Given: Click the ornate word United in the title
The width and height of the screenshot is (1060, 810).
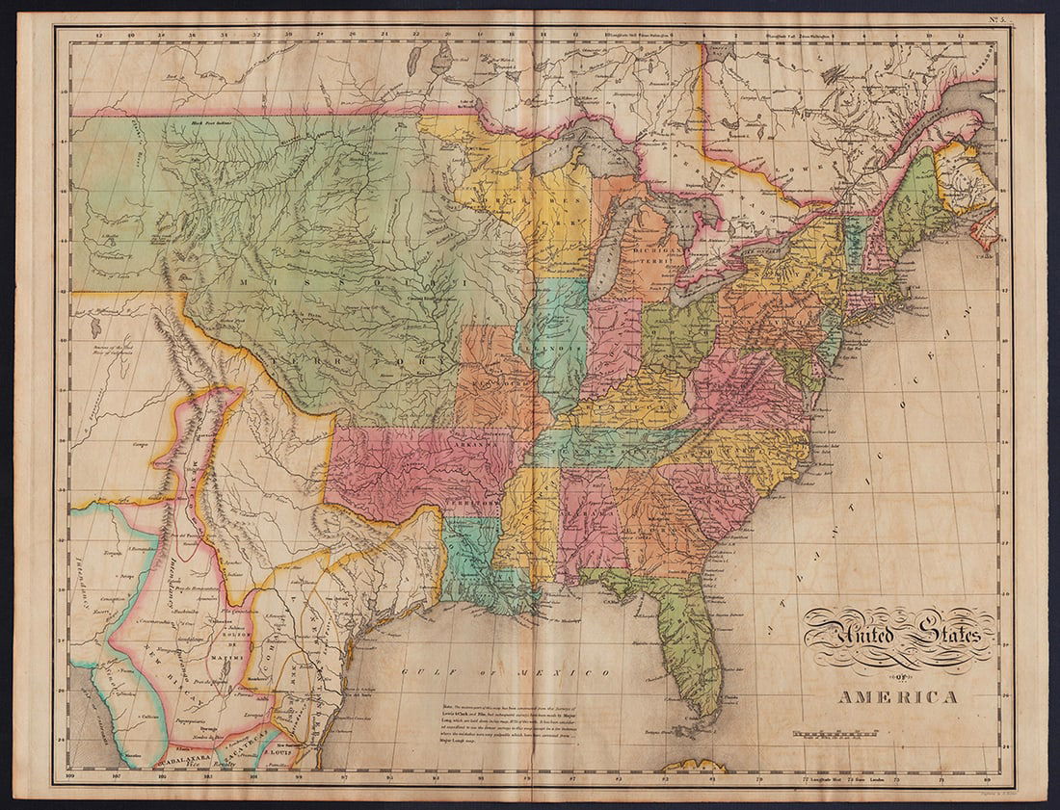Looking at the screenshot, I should click(852, 637).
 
